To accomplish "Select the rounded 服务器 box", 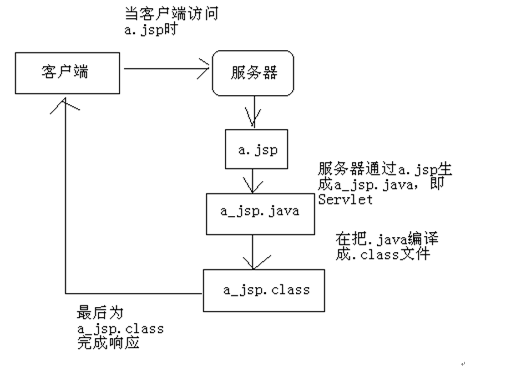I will click(x=253, y=73).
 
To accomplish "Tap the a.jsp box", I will click(x=256, y=149).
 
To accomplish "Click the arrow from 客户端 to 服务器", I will click(x=166, y=69).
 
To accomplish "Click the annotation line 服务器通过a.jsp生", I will click(x=383, y=169).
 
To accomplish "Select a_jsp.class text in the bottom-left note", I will click(x=121, y=329).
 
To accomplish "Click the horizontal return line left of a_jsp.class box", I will click(x=133, y=293).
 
